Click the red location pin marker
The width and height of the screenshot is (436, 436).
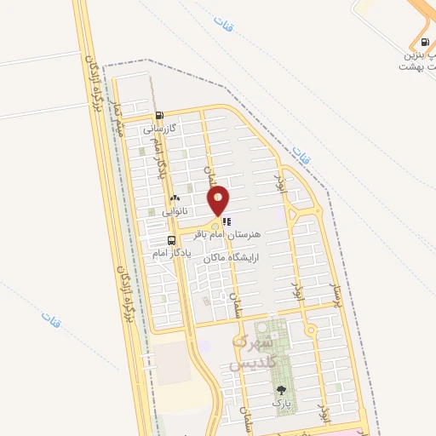point(219,201)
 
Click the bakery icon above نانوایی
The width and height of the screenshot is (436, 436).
point(175,197)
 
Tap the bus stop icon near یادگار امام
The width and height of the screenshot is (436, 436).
point(173,241)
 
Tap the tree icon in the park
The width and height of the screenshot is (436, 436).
point(281,390)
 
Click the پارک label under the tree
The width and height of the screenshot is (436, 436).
point(281,401)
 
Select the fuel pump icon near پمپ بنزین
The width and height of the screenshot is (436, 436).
point(422,42)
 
